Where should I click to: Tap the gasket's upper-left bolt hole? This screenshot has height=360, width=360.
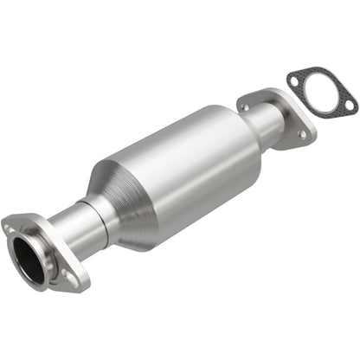(298, 84)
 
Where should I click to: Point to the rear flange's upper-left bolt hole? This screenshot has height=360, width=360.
(244, 106)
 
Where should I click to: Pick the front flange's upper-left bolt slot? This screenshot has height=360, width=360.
(10, 229)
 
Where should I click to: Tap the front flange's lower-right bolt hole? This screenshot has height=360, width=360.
(71, 277)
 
